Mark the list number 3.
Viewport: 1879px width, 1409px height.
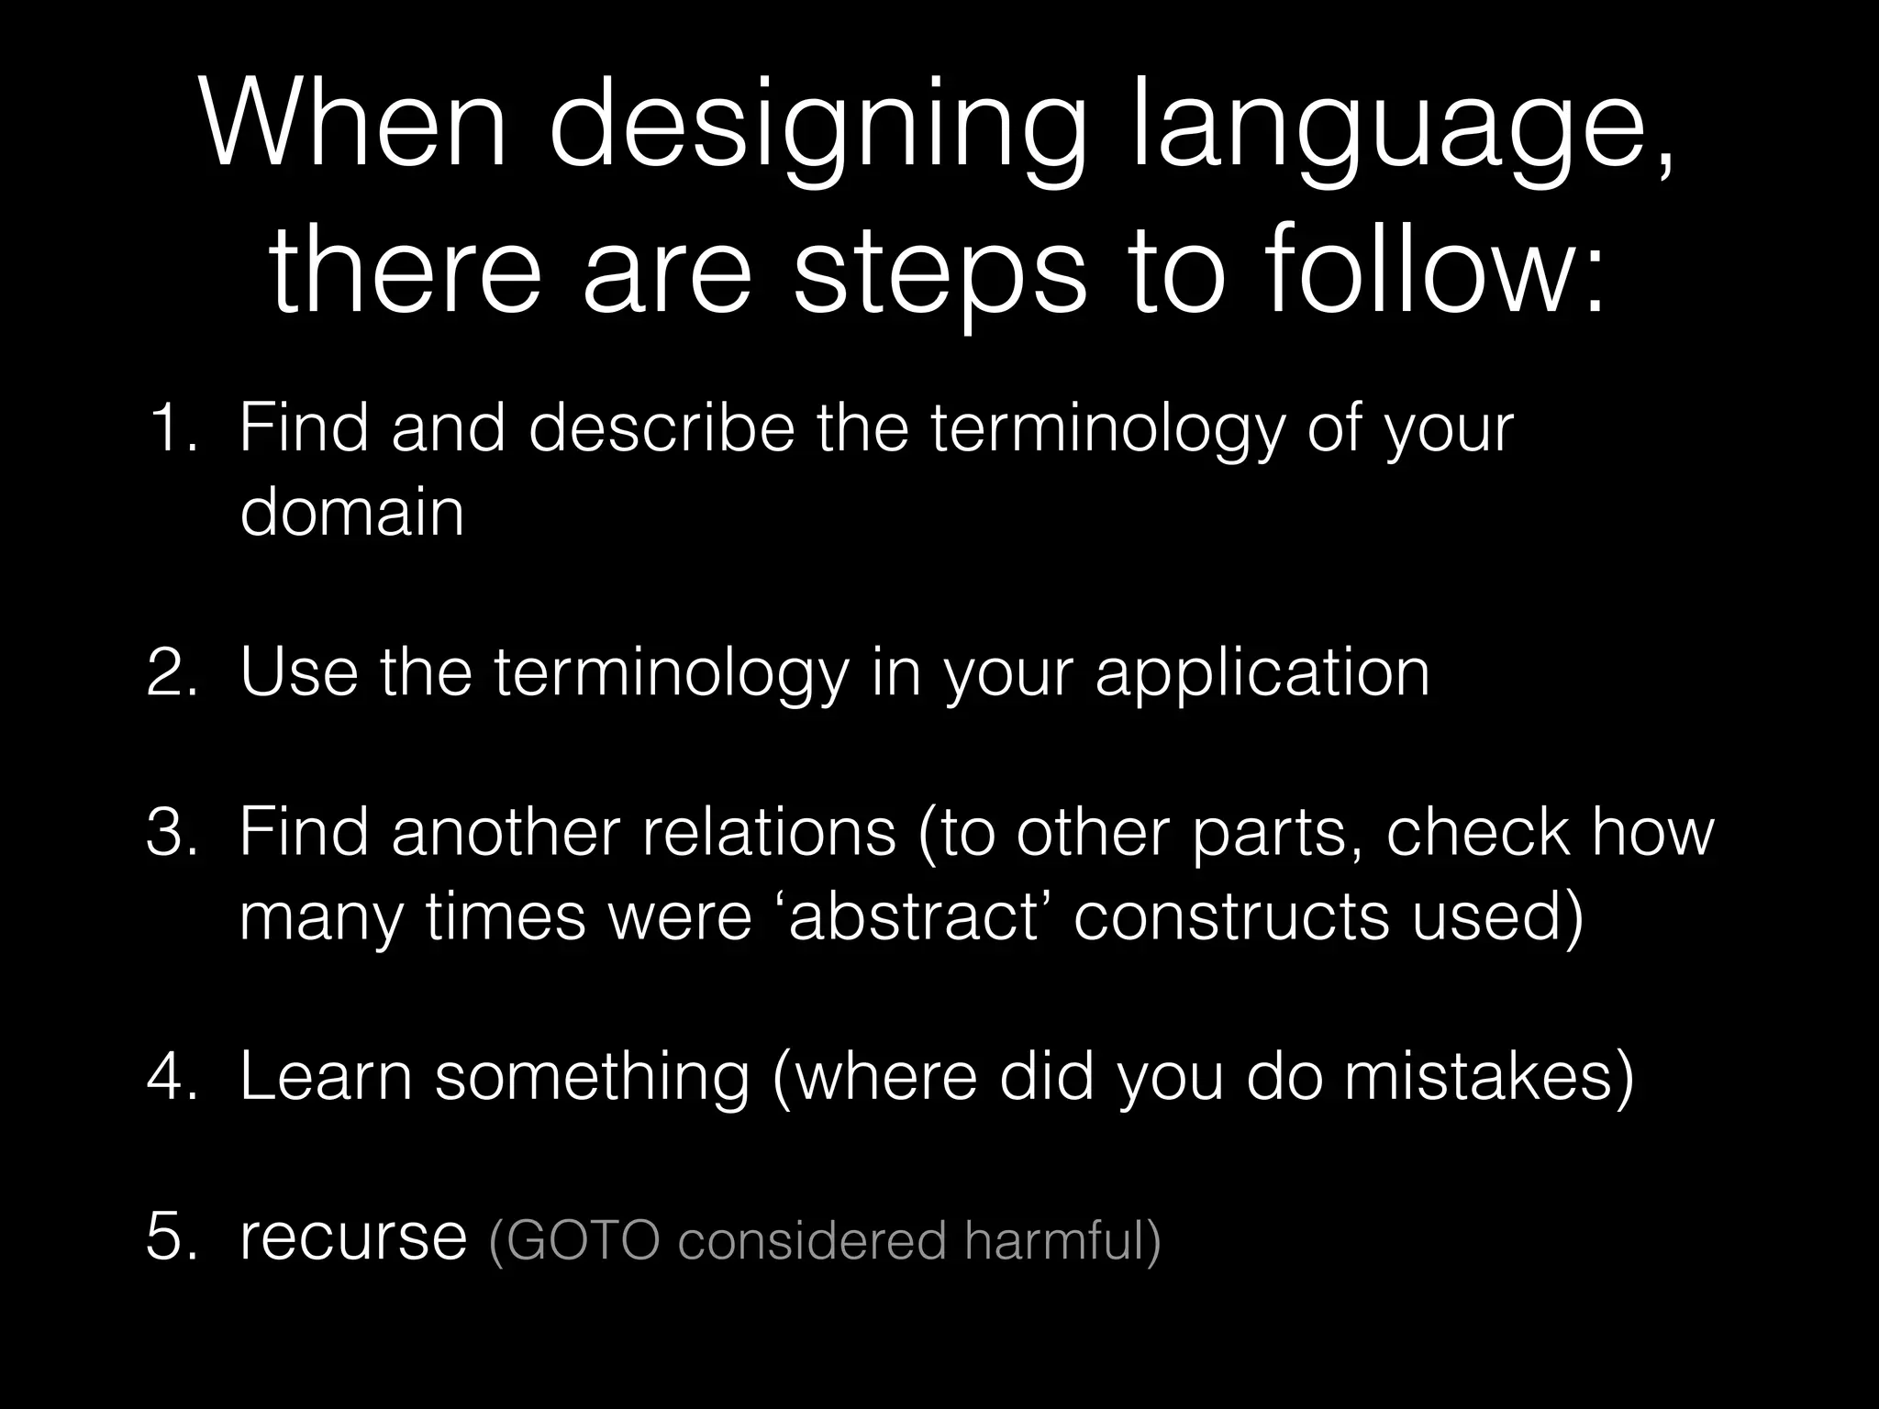(x=171, y=832)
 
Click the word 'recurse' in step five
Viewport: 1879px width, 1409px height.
(x=353, y=1238)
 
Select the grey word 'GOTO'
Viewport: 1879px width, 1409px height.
(x=582, y=1240)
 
